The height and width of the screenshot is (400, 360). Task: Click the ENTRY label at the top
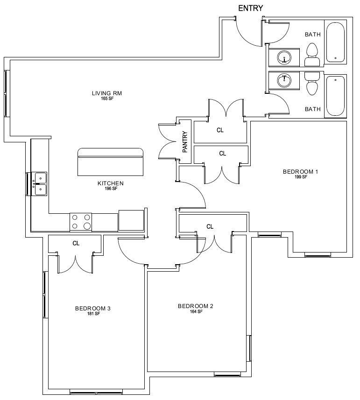pos(250,8)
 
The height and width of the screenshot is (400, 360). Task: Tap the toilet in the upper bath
pos(312,55)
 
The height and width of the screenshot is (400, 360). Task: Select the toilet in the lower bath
pos(312,84)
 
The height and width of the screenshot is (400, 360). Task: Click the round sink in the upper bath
pos(284,57)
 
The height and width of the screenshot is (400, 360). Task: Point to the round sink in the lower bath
pos(284,81)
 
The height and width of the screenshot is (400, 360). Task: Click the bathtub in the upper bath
pos(336,42)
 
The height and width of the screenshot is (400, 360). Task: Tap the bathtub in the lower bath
pos(336,96)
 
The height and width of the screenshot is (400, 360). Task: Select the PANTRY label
pos(185,142)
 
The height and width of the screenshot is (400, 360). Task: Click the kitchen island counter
pos(110,162)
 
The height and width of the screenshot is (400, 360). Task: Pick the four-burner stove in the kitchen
pos(81,222)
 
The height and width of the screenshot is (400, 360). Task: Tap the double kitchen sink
pos(40,184)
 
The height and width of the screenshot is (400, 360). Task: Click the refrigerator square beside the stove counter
pos(131,220)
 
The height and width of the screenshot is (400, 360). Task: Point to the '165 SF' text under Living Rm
pos(107,98)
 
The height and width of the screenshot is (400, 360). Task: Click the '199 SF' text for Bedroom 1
pos(301,177)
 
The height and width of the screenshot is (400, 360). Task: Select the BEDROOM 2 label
pos(196,306)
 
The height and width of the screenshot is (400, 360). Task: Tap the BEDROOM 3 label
pos(92,309)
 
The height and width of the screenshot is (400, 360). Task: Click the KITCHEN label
pos(111,183)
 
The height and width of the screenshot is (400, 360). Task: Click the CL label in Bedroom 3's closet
pos(76,243)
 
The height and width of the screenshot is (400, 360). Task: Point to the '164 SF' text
pos(196,311)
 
